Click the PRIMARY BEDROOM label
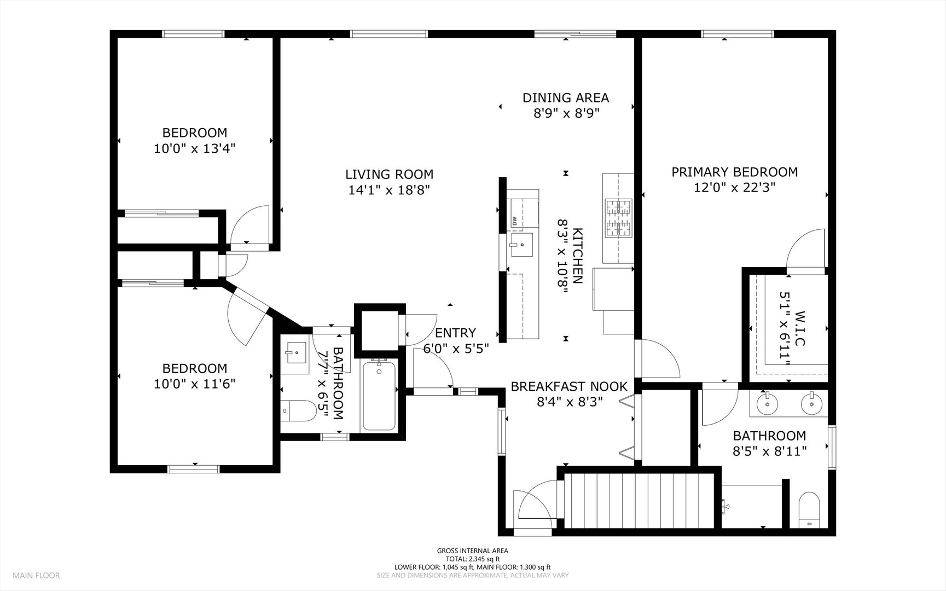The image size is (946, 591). point(734,172)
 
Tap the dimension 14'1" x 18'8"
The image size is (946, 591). point(389,190)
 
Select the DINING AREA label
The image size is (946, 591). point(565,98)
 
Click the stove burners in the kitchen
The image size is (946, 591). point(618,217)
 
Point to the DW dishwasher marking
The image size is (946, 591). point(515,221)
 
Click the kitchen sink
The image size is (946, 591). point(520,245)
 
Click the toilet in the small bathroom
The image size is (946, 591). point(298,411)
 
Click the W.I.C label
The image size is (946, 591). point(800,328)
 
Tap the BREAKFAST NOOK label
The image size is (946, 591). point(568,386)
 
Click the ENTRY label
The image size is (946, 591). point(455,333)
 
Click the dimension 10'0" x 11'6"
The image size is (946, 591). point(194,384)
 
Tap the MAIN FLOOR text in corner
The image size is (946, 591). point(36,575)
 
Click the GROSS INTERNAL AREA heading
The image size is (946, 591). point(472,551)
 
